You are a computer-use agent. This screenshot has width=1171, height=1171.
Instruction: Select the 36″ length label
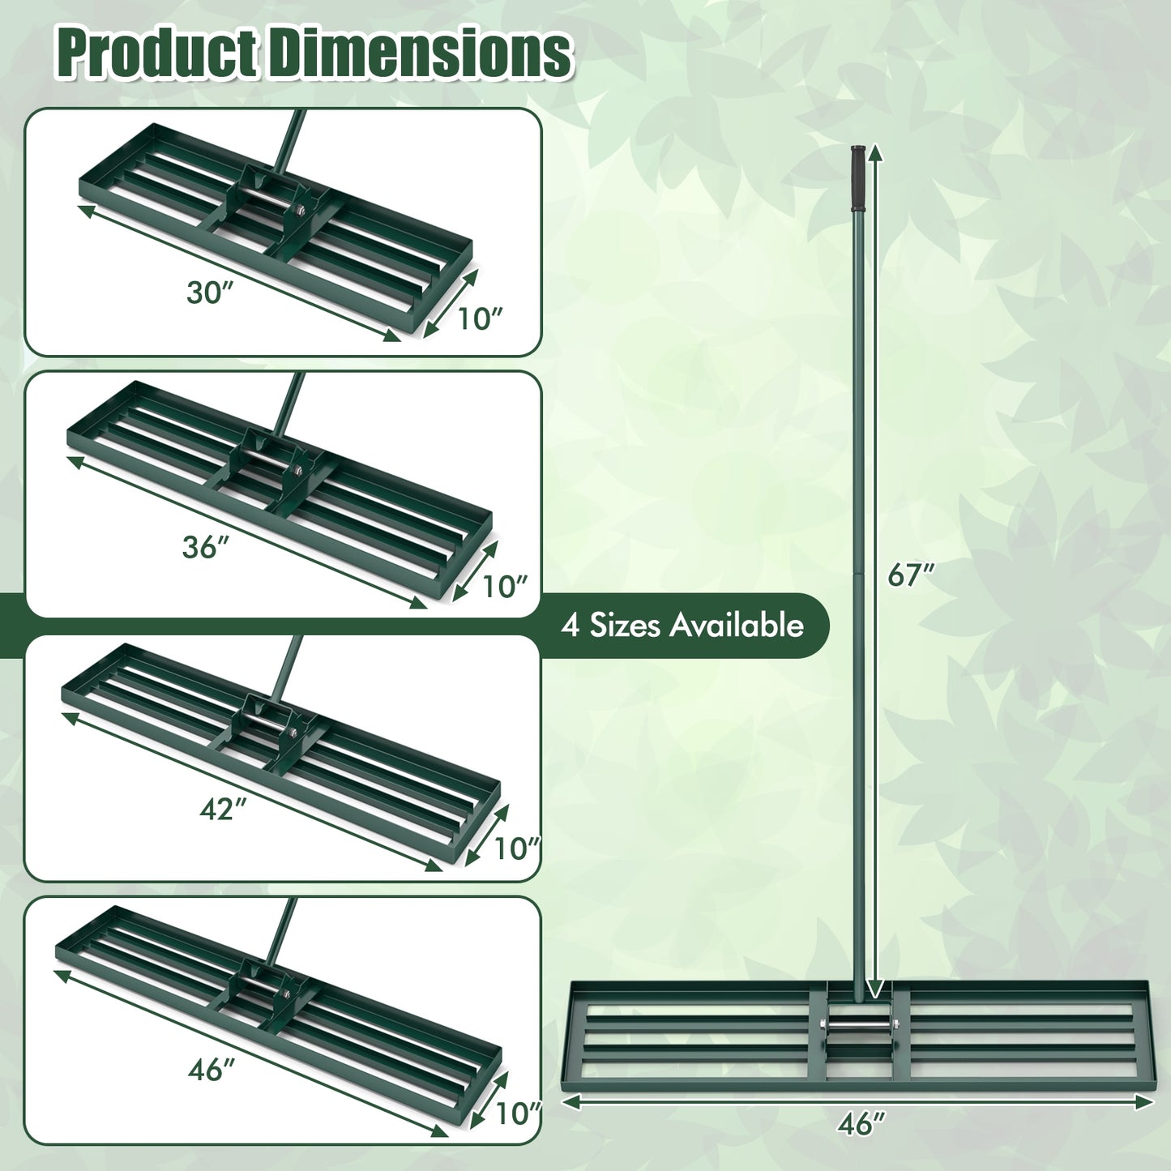[x=201, y=547]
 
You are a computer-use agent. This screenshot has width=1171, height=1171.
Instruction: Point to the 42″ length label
[x=223, y=808]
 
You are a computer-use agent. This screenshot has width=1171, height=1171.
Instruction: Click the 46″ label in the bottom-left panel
[x=211, y=1070]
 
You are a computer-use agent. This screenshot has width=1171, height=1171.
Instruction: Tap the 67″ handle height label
[x=911, y=575]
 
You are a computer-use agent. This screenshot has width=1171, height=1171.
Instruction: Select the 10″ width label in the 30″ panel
[x=480, y=319]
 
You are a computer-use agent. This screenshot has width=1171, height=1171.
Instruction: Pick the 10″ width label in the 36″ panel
[x=504, y=586]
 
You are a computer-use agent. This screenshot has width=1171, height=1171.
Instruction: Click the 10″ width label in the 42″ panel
[x=516, y=848]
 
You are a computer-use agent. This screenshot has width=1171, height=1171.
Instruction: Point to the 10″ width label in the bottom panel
[x=517, y=1113]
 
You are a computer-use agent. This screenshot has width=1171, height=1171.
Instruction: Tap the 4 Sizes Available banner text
[x=682, y=626]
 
